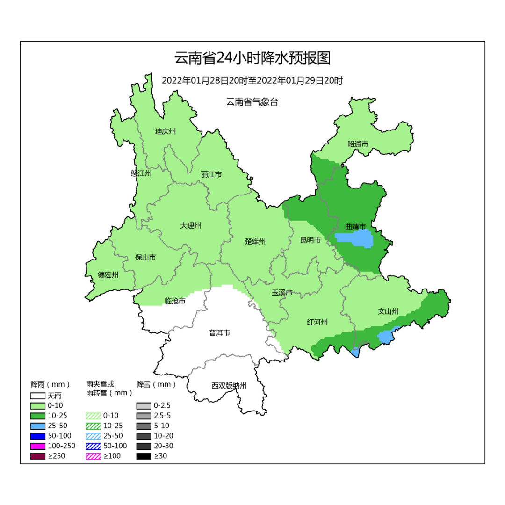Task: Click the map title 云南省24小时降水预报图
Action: [x=252, y=58]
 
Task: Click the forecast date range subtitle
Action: [x=252, y=80]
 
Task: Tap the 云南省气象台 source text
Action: [x=252, y=102]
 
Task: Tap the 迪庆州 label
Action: [x=165, y=131]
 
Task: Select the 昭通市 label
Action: [x=358, y=144]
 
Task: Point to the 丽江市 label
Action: [x=211, y=174]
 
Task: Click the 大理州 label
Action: [x=190, y=225]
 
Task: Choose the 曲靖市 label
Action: [x=355, y=226]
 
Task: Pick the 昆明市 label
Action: [x=310, y=240]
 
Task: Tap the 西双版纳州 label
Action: [x=229, y=386]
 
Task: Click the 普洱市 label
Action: [x=219, y=333]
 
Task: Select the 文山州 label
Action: [x=388, y=311]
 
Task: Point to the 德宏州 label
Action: [x=108, y=275]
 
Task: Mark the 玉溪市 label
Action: [x=282, y=293]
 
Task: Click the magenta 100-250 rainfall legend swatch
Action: [x=38, y=446]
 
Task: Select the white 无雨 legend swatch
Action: [x=38, y=396]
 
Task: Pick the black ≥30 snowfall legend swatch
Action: [x=144, y=456]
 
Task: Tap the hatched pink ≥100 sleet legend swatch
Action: [x=94, y=456]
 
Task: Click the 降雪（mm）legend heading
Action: [x=156, y=384]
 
